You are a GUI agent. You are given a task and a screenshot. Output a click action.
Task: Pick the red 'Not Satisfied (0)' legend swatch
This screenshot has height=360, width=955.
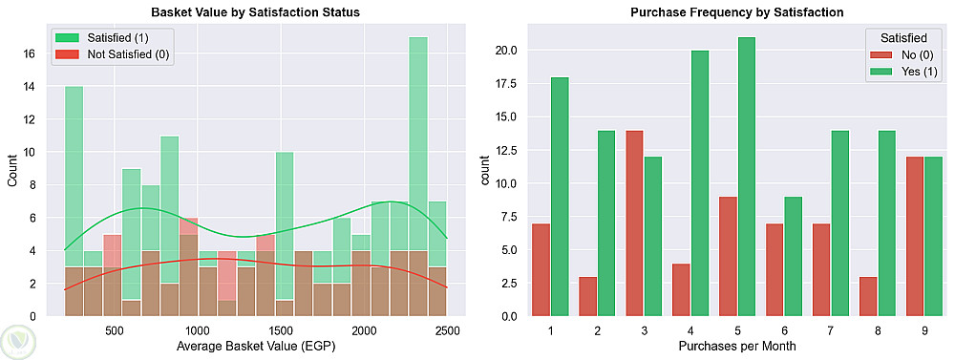pyautogui.click(x=68, y=54)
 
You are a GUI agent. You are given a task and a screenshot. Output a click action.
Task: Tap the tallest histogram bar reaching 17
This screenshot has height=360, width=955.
pyautogui.click(x=418, y=177)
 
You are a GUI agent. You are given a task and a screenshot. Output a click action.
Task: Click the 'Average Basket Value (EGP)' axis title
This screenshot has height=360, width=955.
pyautogui.click(x=256, y=348)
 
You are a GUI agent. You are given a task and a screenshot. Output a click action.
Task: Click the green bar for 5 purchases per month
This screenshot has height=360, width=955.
pyautogui.click(x=746, y=177)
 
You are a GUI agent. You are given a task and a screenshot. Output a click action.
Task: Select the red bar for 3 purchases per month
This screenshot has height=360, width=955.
pyautogui.click(x=635, y=223)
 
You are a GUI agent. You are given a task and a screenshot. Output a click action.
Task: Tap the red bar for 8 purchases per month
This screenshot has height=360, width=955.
pyautogui.click(x=868, y=297)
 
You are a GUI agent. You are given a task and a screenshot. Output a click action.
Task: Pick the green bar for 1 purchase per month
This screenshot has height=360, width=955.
pyautogui.click(x=561, y=197)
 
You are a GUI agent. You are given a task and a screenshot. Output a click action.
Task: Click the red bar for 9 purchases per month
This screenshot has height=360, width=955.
pyautogui.click(x=915, y=237)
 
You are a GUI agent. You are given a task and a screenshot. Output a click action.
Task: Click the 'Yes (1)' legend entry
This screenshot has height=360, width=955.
pyautogui.click(x=912, y=72)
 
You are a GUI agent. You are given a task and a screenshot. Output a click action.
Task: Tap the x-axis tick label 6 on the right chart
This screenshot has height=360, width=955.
pyautogui.click(x=784, y=330)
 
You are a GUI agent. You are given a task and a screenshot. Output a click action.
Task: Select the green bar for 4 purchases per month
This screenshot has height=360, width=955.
pyautogui.click(x=699, y=183)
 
